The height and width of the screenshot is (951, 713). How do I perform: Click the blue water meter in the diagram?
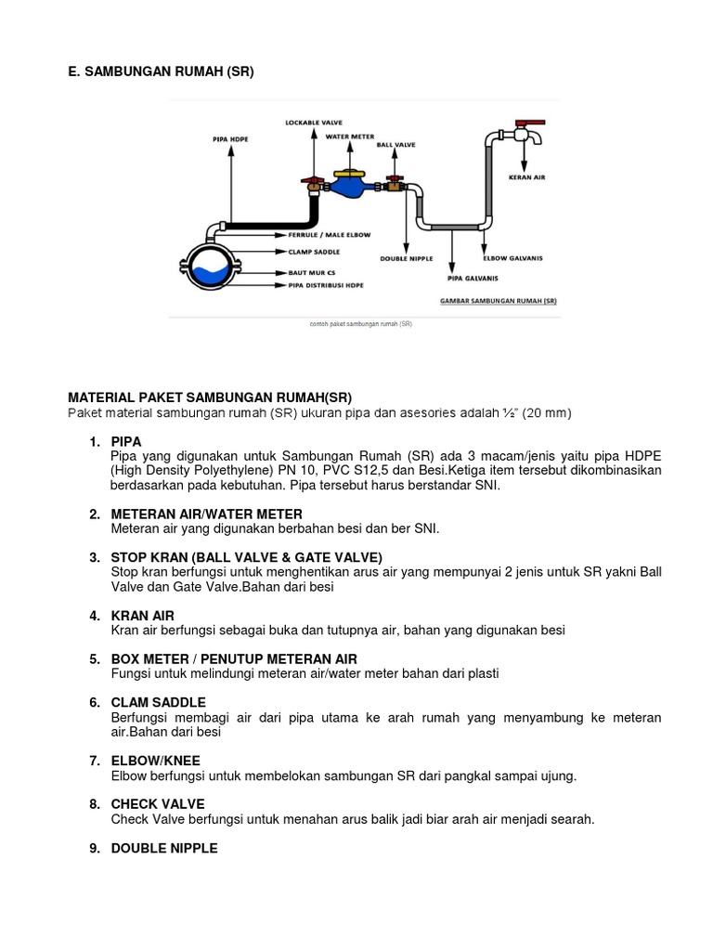tap(350, 186)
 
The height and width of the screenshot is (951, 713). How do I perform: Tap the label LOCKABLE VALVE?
tap(313, 122)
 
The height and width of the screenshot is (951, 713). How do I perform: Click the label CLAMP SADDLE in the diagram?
tap(314, 252)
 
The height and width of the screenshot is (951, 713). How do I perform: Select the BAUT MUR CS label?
tap(308, 273)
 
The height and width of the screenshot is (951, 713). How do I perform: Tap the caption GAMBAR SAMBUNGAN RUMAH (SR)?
tap(498, 302)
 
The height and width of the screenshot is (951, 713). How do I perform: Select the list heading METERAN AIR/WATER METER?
tap(206, 514)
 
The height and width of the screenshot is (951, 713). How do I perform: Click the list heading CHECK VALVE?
tap(158, 803)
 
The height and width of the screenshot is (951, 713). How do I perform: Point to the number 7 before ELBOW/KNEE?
tap(95, 761)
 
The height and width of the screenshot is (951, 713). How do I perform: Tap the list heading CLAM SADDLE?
tap(159, 702)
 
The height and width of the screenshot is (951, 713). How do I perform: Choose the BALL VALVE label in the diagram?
tap(395, 145)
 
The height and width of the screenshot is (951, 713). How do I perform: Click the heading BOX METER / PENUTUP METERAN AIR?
tap(234, 658)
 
